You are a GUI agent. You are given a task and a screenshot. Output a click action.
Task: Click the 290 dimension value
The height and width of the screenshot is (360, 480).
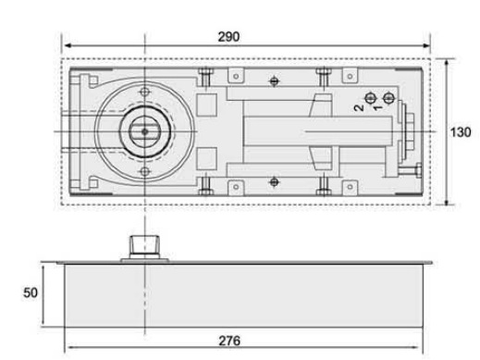[x=228, y=37]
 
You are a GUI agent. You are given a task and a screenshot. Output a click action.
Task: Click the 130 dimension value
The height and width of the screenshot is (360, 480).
[x=461, y=132]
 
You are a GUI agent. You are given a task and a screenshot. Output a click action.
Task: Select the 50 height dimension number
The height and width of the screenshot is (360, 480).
[x=31, y=292]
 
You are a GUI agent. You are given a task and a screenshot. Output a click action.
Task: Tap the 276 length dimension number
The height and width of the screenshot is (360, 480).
[x=229, y=341]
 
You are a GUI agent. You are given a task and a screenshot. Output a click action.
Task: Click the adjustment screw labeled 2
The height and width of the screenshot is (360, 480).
[x=370, y=98]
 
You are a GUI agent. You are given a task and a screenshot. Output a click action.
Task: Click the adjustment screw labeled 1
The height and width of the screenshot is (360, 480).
[x=388, y=98]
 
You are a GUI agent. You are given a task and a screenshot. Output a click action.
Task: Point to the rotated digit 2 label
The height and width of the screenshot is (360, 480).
[x=359, y=107]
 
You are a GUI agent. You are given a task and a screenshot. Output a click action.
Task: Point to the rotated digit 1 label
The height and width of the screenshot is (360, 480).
[x=377, y=107]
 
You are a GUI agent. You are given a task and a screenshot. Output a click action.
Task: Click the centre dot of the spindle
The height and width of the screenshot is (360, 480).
[x=144, y=131]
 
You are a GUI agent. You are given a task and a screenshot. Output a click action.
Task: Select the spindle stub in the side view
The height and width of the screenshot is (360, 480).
[x=144, y=247]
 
